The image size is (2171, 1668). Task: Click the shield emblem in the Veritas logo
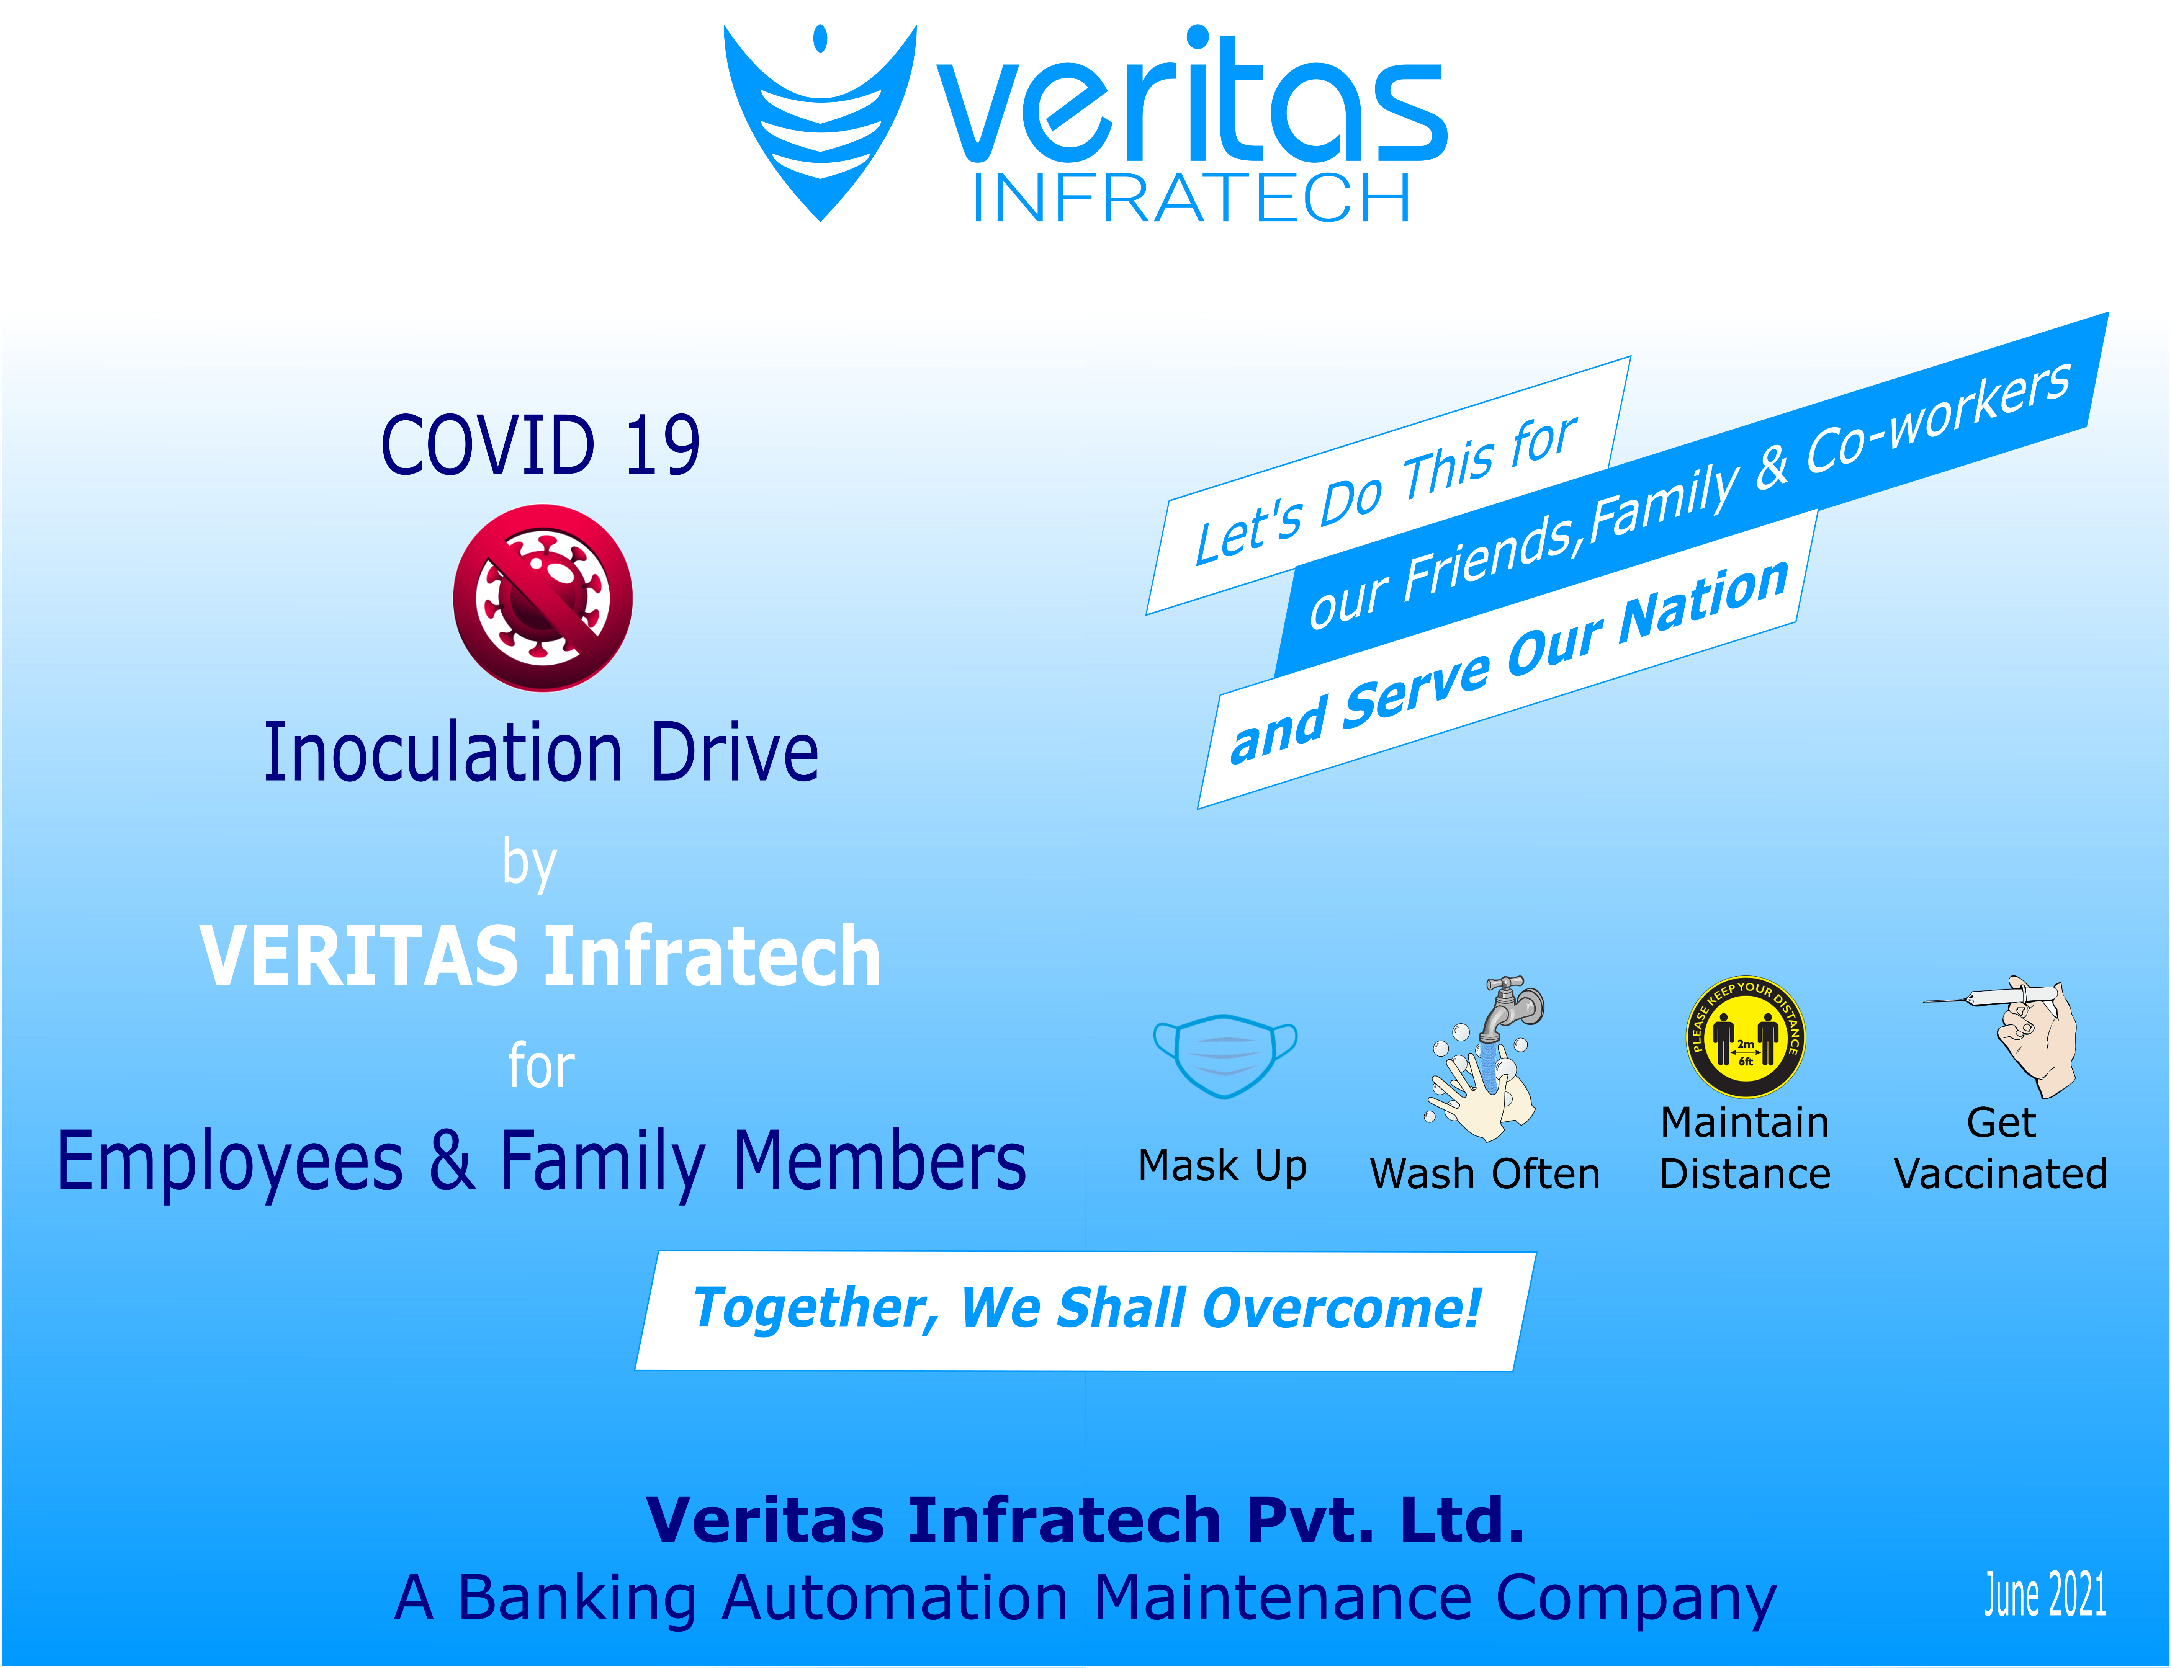tap(820, 129)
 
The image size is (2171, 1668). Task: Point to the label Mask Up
tap(1222, 1166)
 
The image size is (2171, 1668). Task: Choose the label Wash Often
tap(1485, 1173)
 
